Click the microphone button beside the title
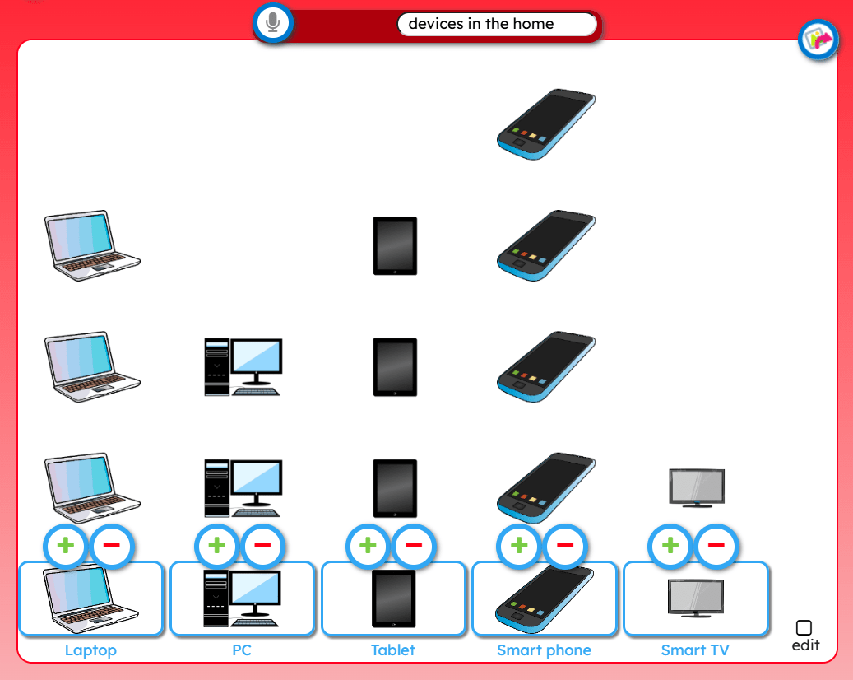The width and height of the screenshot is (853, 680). (x=273, y=23)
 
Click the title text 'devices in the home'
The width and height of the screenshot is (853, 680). (x=481, y=24)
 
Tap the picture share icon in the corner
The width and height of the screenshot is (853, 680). (x=818, y=40)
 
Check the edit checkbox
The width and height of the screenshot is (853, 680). (x=804, y=628)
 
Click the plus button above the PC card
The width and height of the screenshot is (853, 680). (x=216, y=546)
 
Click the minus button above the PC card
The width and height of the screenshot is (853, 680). (x=262, y=546)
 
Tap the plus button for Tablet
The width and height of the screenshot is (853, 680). (x=368, y=546)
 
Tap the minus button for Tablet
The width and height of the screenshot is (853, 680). (x=414, y=546)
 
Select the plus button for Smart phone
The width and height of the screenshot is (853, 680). (x=519, y=546)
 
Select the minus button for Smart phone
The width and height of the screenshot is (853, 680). (x=565, y=546)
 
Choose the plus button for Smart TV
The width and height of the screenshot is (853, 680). (x=670, y=546)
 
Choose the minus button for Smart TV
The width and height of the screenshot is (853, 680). (x=716, y=546)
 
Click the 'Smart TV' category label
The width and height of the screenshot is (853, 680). (x=695, y=650)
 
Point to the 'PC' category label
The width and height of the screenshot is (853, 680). (x=242, y=650)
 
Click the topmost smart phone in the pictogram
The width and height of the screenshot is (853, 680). (x=546, y=124)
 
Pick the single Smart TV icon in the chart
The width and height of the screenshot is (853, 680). (x=697, y=488)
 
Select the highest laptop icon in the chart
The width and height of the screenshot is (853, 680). (x=92, y=245)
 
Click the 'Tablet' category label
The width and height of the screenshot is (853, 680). (x=392, y=650)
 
